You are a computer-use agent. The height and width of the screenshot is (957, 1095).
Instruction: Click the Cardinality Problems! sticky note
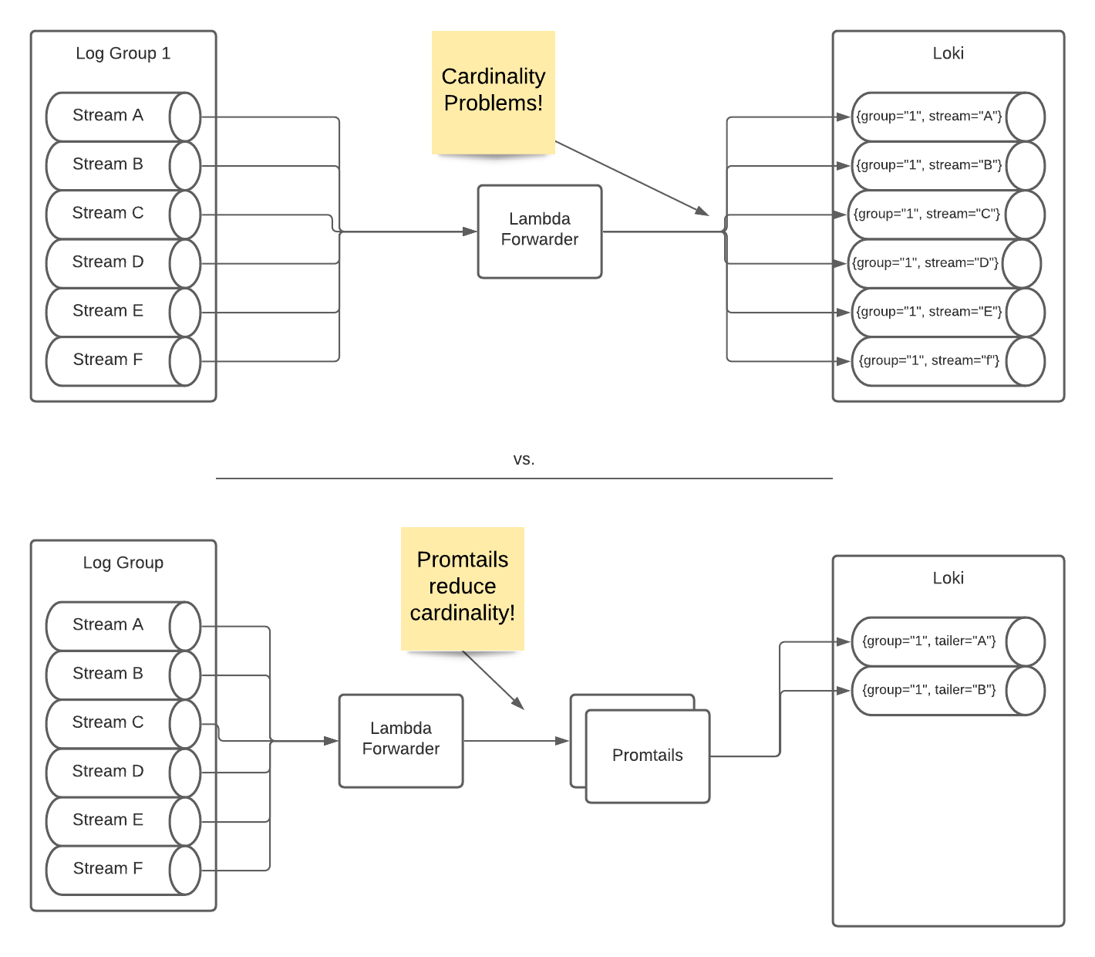tap(494, 91)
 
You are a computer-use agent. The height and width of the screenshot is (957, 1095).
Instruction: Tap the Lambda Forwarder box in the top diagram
tap(540, 231)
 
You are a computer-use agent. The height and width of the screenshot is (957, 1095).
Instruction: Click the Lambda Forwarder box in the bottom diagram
tap(401, 740)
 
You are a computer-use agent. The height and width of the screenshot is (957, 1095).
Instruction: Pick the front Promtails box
tap(648, 756)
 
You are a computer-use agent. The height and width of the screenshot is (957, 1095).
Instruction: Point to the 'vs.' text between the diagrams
tap(524, 459)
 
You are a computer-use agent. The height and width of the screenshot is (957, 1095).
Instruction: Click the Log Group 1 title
tap(123, 53)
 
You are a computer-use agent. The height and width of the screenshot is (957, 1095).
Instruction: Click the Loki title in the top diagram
tap(948, 53)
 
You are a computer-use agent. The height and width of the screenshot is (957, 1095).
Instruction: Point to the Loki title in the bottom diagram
tap(948, 578)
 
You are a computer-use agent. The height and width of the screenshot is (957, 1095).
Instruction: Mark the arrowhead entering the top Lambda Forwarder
tap(470, 231)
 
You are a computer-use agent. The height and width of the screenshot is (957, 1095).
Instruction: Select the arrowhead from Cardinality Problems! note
tap(702, 211)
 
